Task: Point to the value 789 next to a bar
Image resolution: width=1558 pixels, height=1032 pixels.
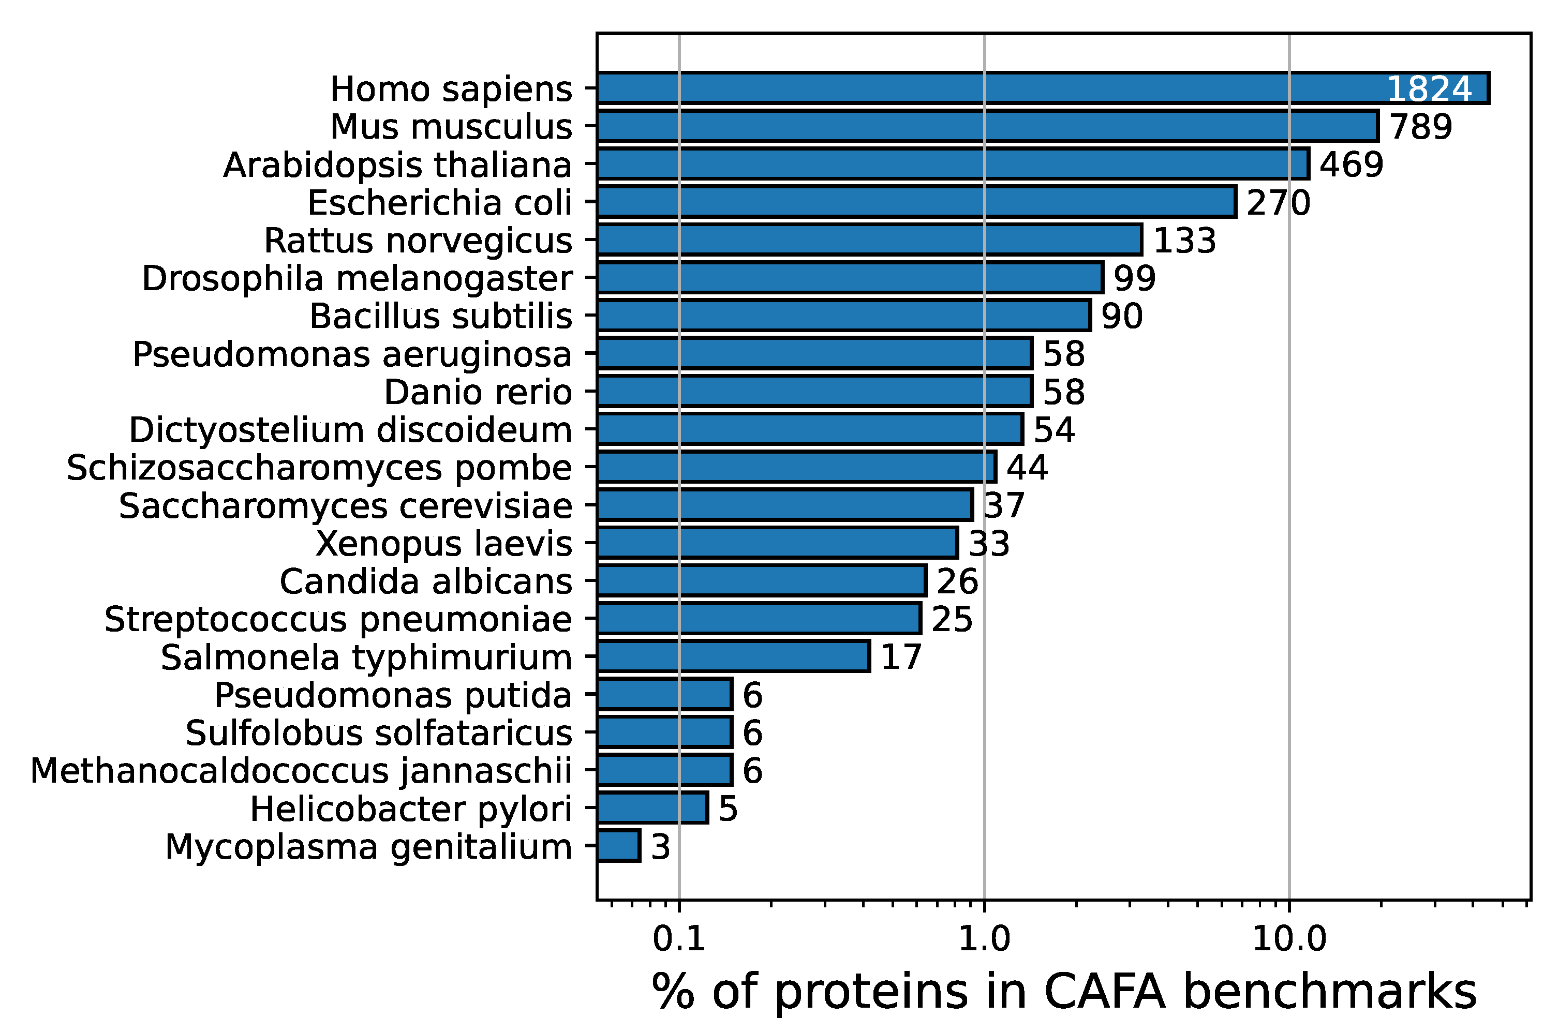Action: [x=1420, y=127]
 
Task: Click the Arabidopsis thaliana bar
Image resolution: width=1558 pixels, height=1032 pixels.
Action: [x=953, y=164]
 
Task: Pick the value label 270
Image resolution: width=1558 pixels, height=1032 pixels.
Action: [x=1278, y=203]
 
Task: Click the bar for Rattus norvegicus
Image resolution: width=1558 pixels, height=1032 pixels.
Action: [x=869, y=240]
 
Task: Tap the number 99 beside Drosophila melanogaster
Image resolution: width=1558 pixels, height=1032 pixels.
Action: [x=1135, y=278]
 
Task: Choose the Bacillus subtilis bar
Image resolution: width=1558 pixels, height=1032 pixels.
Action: [x=843, y=316]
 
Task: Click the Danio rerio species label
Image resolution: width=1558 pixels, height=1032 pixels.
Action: [x=478, y=392]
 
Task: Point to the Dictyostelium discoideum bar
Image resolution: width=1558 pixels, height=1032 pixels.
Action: [x=810, y=430]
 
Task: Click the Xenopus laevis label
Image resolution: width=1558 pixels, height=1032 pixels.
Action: [x=443, y=544]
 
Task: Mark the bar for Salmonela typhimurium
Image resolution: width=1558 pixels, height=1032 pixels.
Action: [x=733, y=657]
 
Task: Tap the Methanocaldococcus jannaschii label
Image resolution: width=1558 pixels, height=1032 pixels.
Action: [x=301, y=771]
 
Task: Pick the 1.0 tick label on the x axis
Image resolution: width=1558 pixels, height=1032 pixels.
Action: [x=984, y=939]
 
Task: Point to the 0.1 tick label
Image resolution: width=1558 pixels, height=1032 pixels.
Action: [x=679, y=939]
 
